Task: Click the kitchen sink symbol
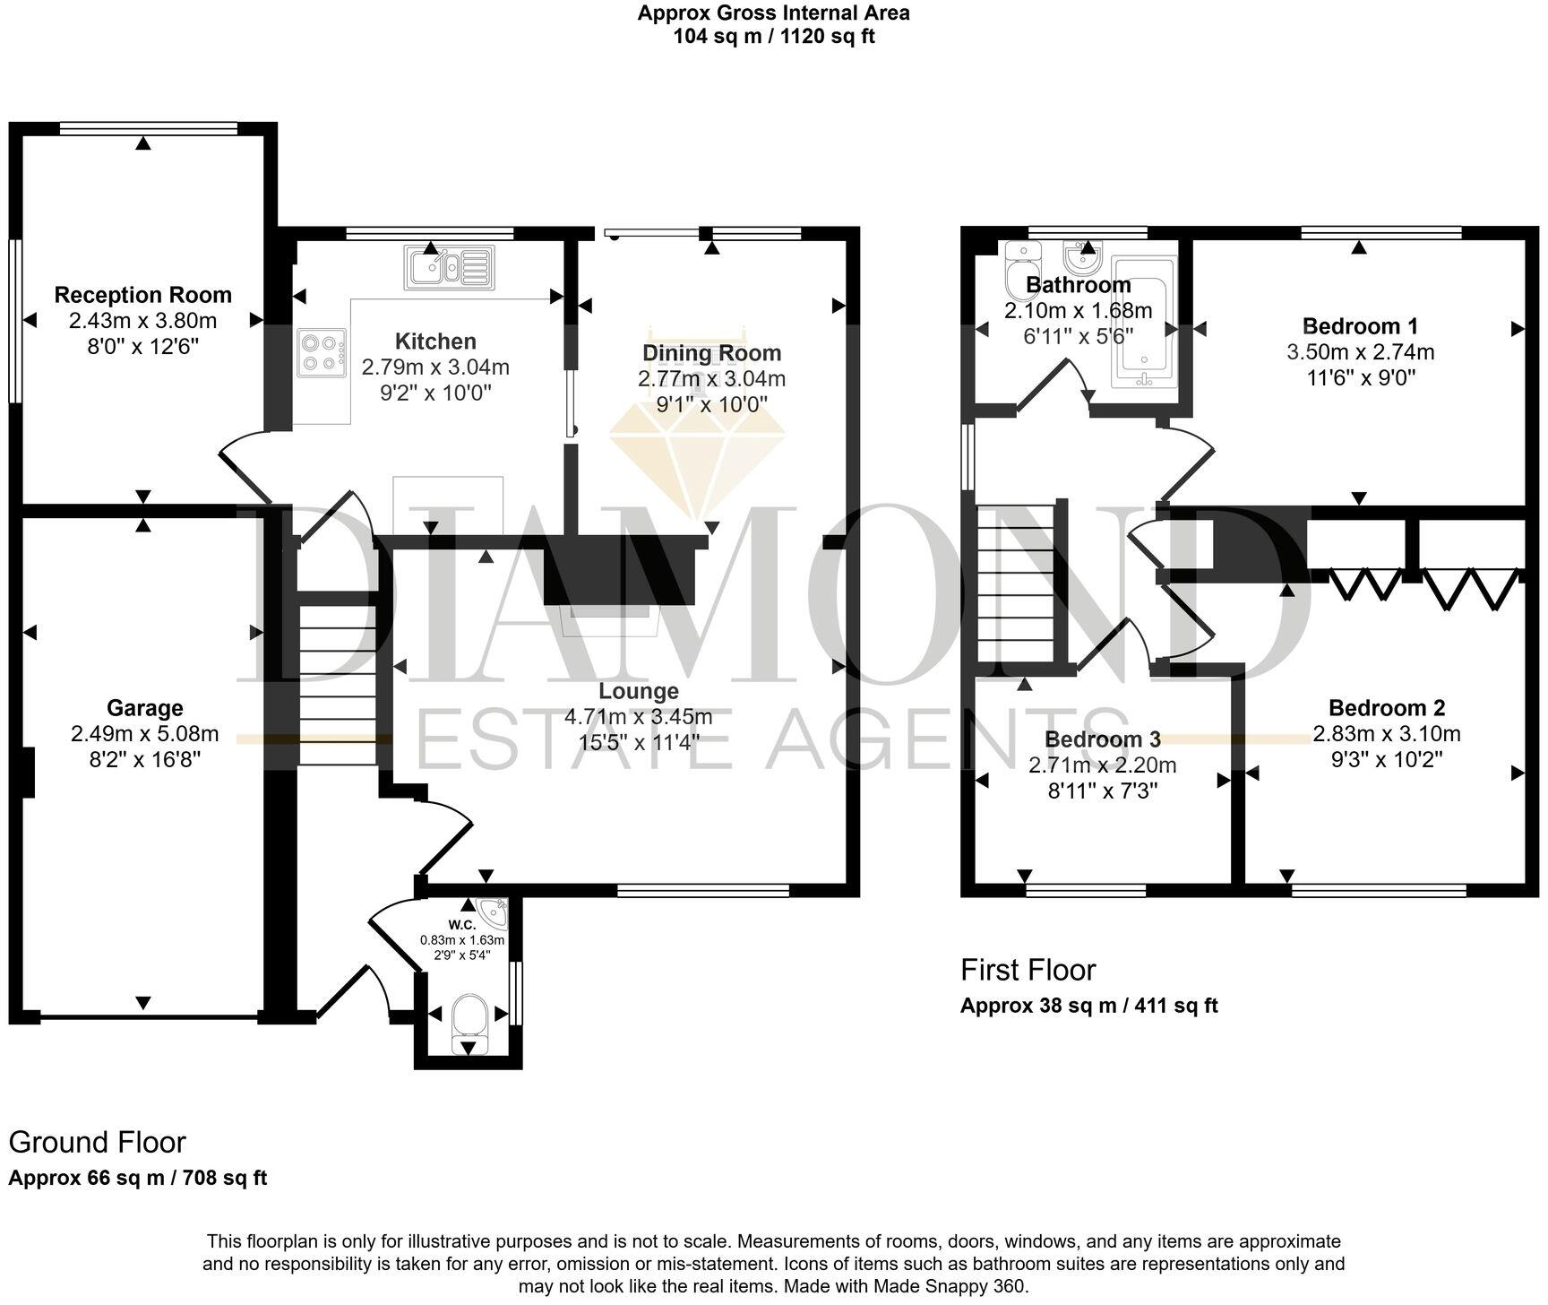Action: [449, 266]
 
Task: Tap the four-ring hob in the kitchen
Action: [322, 352]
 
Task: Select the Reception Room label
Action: [143, 295]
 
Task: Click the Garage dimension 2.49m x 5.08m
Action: [145, 735]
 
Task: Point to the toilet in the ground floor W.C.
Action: [469, 1019]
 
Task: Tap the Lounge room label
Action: [639, 691]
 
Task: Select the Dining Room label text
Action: [712, 353]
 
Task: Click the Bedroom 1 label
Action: [1360, 326]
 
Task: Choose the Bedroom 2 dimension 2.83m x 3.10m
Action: [1387, 734]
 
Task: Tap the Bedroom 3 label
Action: [1103, 739]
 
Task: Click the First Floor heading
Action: [1028, 970]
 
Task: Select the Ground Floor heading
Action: [97, 1142]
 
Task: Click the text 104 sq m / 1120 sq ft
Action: [774, 37]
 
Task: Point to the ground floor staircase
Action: [337, 686]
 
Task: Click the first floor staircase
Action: [1015, 583]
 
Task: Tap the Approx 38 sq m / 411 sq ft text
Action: [1088, 1006]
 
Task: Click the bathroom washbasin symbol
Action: [1082, 257]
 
